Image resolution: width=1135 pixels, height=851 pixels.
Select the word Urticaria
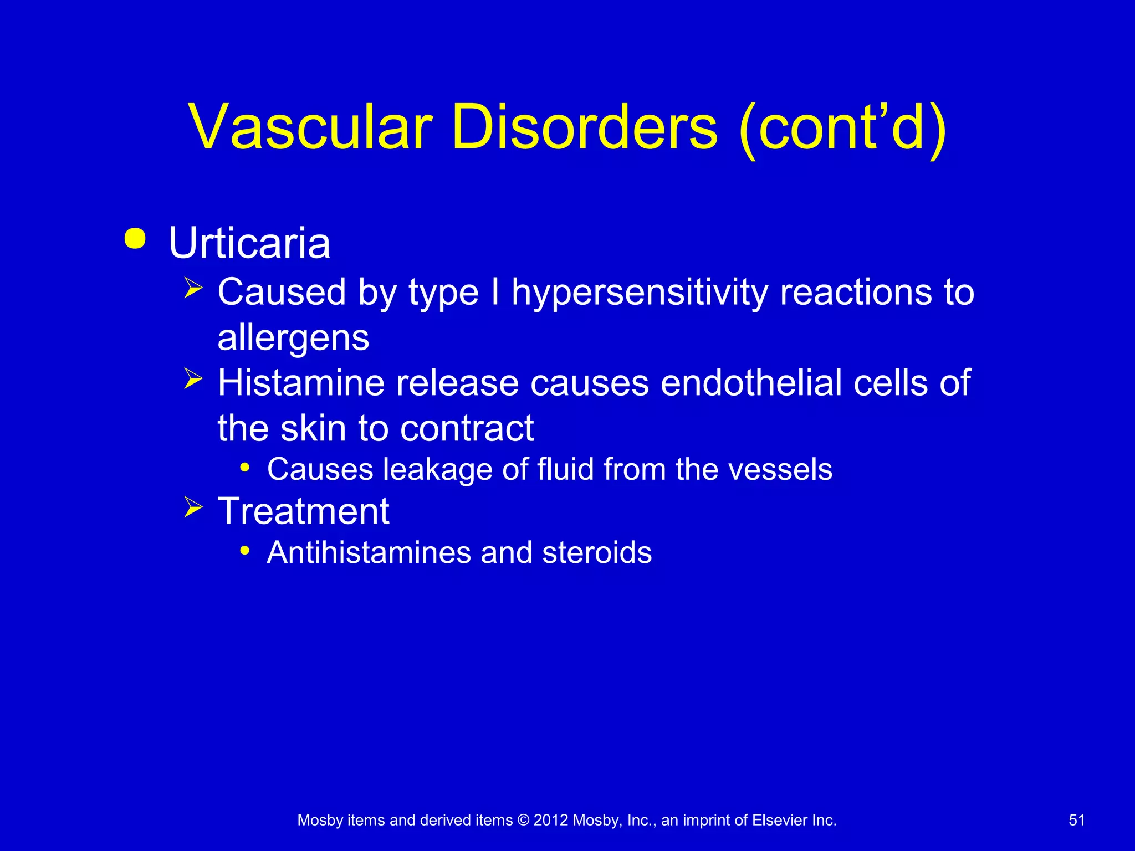[249, 243]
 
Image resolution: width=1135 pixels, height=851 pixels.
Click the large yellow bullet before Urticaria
[135, 239]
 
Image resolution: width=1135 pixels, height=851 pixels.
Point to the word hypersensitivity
[640, 293]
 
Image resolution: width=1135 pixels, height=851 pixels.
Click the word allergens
[293, 338]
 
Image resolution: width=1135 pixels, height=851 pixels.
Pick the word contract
[467, 428]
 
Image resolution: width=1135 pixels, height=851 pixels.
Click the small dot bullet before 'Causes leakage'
[245, 468]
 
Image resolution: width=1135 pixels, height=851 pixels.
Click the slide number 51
[1076, 820]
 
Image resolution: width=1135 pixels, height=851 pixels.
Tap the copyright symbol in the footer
[523, 820]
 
